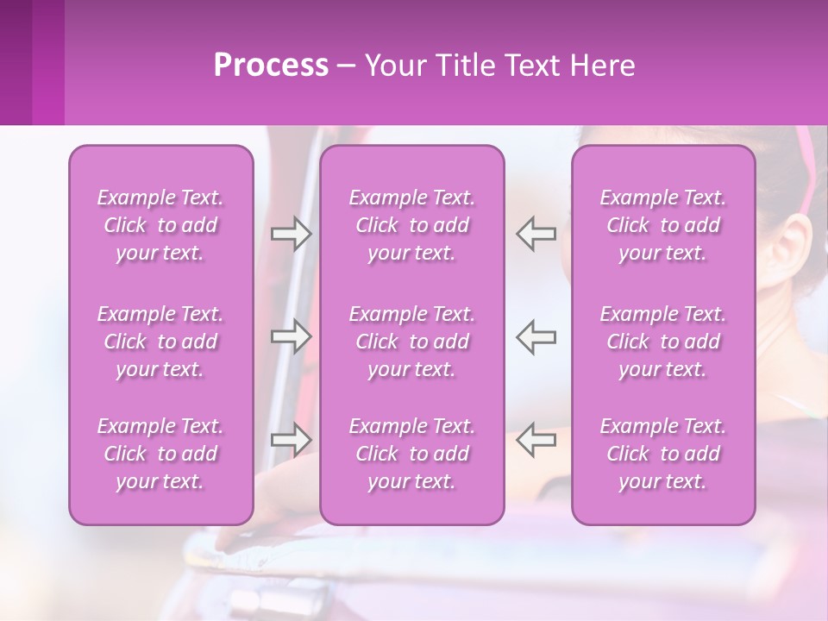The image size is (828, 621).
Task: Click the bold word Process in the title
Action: pos(271,66)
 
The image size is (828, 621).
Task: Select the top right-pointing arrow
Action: pos(291,234)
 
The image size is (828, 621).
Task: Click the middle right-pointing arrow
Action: pos(291,336)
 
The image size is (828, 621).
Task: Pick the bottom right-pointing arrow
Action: pos(291,439)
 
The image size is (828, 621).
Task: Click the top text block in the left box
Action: pos(160,225)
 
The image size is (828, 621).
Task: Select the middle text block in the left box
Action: pos(160,342)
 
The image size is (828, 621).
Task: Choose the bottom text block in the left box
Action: pos(160,454)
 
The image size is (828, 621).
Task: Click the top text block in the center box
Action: pos(412,225)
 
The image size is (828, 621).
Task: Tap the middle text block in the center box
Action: pos(412,342)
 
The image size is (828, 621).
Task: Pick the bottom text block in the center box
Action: pos(412,454)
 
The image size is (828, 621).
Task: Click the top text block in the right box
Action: pos(663,225)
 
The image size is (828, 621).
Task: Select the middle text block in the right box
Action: pos(663,342)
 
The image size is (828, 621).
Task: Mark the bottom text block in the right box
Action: pos(663,454)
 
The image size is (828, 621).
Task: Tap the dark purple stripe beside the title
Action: pos(16,62)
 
